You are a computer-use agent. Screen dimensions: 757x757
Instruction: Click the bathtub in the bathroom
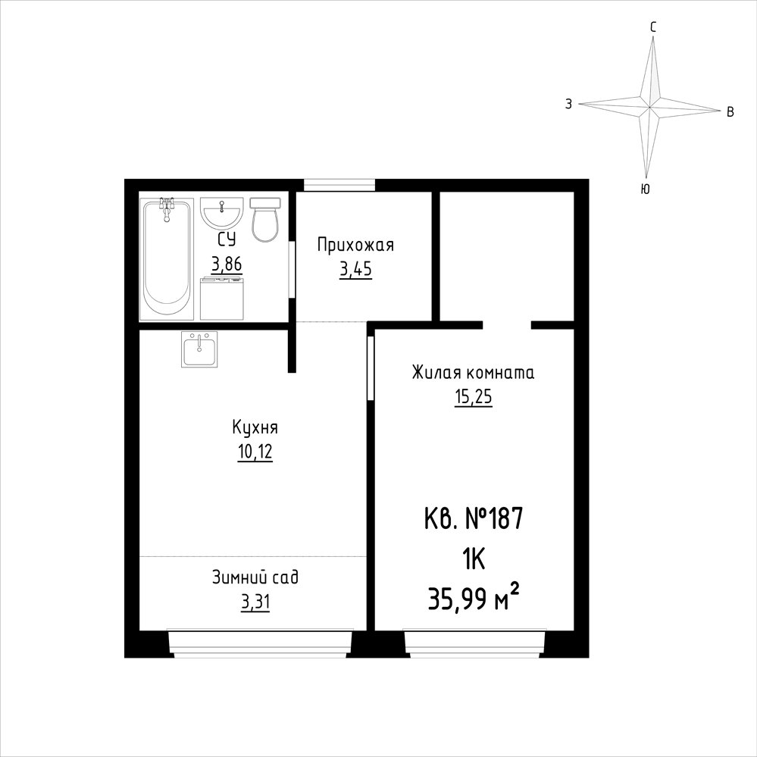point(167,258)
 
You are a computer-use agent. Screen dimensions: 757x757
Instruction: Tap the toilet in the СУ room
point(265,220)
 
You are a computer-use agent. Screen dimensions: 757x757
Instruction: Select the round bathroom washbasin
point(221,213)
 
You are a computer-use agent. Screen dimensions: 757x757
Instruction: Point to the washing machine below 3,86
point(221,298)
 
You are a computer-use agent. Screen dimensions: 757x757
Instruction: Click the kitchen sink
point(199,349)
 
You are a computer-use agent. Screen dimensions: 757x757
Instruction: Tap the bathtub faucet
point(167,208)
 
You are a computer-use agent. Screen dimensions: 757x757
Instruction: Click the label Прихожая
point(356,246)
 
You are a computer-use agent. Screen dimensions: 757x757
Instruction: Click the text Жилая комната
point(473,373)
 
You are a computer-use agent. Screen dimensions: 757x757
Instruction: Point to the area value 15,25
point(473,397)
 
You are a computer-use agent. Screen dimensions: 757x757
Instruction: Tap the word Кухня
point(255,428)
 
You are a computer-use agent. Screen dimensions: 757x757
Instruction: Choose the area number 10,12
point(255,452)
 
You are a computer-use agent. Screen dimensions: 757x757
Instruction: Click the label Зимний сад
point(255,577)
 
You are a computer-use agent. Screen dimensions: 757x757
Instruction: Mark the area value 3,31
point(255,602)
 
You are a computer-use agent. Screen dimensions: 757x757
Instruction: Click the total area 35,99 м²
point(474,599)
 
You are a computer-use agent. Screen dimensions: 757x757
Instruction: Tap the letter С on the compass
point(652,28)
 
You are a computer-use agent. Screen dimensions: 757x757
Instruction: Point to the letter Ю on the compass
point(645,189)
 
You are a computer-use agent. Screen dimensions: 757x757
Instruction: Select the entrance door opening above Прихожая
point(339,186)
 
